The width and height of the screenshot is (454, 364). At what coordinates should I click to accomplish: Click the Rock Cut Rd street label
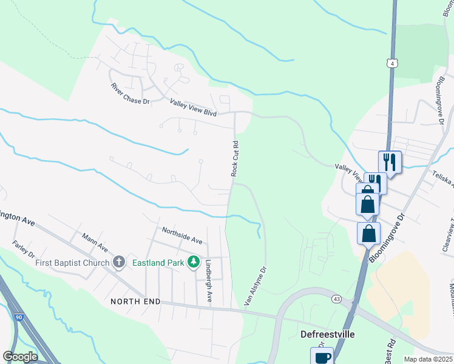coord(235,158)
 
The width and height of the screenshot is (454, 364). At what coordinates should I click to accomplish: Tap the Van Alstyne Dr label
coord(255,284)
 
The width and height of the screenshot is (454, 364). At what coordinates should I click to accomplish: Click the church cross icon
coord(119,263)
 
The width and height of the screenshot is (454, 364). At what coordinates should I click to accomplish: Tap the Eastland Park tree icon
coord(194,262)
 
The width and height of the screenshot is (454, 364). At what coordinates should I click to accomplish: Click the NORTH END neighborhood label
coord(135,301)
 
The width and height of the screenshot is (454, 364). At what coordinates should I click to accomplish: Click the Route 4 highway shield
coord(393,62)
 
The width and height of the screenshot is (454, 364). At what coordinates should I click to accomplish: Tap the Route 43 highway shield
coord(335,298)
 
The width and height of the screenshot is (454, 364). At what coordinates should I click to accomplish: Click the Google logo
coord(21,357)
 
